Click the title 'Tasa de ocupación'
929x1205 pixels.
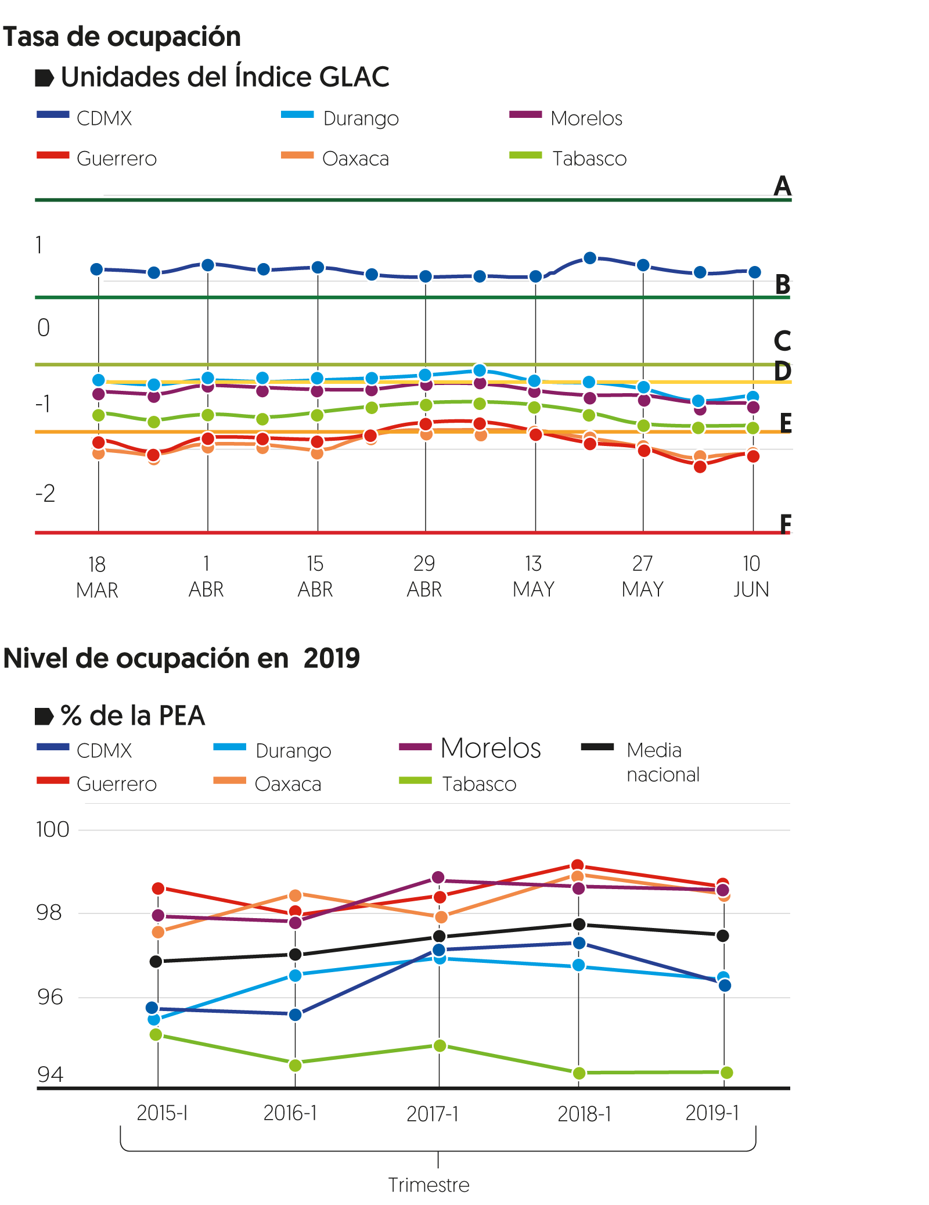122,37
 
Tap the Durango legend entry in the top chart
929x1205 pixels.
360,118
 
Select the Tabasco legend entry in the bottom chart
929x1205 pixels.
478,784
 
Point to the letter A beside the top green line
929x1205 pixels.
783,186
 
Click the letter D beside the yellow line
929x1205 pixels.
783,371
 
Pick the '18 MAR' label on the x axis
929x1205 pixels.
97,577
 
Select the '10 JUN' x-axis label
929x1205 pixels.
751,576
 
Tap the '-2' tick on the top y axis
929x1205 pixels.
45,494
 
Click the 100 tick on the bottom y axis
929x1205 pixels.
53,829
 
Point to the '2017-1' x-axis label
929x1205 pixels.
433,1114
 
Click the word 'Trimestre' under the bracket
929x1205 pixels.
429,1185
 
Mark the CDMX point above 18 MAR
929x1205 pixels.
97,269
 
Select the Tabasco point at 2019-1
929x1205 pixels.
726,1072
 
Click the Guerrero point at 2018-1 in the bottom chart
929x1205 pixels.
577,866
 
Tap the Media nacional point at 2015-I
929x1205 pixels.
156,962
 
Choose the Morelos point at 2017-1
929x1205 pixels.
438,877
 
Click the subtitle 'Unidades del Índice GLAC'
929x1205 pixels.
225,77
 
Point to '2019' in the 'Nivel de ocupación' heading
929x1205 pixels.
332,659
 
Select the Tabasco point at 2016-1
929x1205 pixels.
295,1065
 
